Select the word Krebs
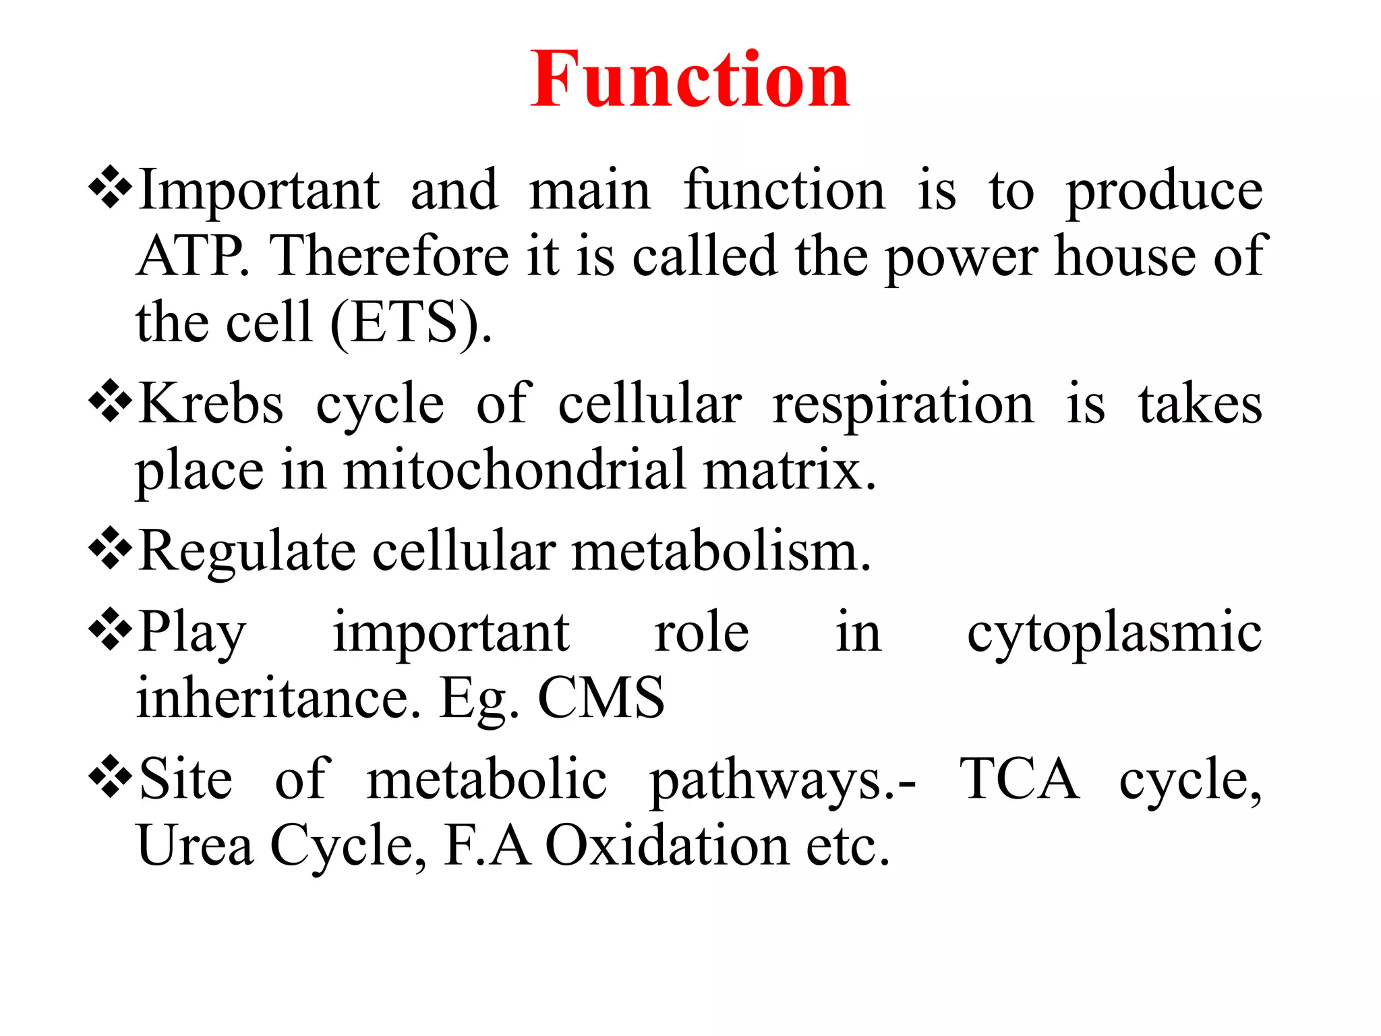point(211,404)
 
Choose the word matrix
point(789,470)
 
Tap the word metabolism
point(722,552)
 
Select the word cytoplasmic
point(1114,633)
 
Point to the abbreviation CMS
point(601,698)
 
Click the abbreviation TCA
point(1019,779)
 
